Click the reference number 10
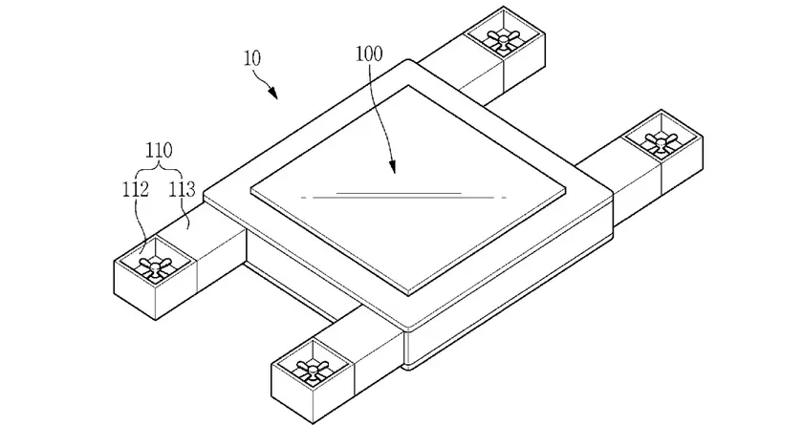[x=251, y=58]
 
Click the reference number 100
[x=369, y=54]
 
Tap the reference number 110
[x=159, y=151]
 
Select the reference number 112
[x=136, y=189]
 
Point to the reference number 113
[x=183, y=189]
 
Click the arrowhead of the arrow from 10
[x=273, y=94]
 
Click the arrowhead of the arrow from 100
[x=392, y=168]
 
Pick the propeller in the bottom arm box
[x=311, y=370]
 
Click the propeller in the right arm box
[x=661, y=140]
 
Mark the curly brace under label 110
[x=159, y=169]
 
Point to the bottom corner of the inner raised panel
[x=408, y=295]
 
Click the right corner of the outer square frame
[x=613, y=195]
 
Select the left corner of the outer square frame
[x=204, y=194]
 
